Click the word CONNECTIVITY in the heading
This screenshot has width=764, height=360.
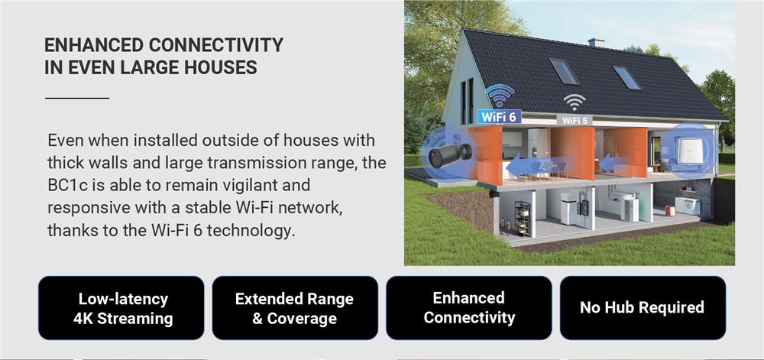click(215, 45)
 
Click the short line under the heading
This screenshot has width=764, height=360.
click(77, 98)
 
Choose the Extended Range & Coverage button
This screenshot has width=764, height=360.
click(295, 308)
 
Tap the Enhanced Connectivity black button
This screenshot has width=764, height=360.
click(469, 308)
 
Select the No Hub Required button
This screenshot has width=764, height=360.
click(643, 308)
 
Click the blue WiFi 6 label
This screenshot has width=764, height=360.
click(499, 117)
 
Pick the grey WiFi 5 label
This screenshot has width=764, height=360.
click(575, 120)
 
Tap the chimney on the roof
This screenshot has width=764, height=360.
click(596, 42)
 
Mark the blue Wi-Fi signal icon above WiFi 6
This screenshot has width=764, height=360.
click(499, 96)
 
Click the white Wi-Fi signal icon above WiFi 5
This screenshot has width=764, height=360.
click(575, 103)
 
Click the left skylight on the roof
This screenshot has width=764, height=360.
click(565, 70)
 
